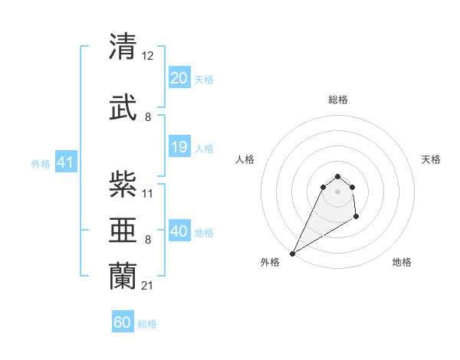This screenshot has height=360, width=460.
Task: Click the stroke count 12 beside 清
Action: [148, 56]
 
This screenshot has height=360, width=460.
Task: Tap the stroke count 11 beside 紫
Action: [148, 193]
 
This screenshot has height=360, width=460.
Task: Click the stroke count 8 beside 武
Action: [148, 116]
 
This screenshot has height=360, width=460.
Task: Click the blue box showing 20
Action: [179, 78]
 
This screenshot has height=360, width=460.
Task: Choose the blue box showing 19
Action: [179, 147]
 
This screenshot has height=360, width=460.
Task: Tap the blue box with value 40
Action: [179, 231]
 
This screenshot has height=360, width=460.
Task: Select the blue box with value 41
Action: [65, 162]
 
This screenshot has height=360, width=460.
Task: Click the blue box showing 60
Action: [123, 322]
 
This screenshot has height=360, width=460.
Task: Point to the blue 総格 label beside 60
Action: [147, 324]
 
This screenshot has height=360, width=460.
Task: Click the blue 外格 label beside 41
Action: [41, 164]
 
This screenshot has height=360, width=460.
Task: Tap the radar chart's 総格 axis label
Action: [338, 100]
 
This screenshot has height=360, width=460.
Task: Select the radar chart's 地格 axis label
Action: [402, 262]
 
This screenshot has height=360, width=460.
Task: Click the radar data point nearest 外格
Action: [292, 253]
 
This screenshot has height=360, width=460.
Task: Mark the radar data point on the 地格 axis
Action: [356, 218]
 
